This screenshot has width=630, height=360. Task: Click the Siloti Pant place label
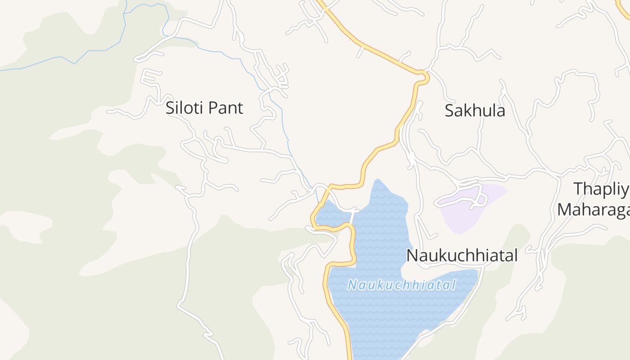pyautogui.click(x=204, y=108)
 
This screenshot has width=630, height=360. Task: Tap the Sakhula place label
pyautogui.click(x=475, y=111)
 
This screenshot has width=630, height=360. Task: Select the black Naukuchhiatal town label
pyautogui.click(x=462, y=256)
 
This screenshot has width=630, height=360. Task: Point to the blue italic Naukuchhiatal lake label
pyautogui.click(x=402, y=285)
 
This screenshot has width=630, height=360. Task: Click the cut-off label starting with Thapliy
pyautogui.click(x=601, y=189)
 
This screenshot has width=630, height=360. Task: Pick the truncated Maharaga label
pyautogui.click(x=593, y=210)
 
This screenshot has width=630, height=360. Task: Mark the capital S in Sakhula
pyautogui.click(x=449, y=111)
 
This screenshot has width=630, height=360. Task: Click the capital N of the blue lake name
pyautogui.click(x=352, y=285)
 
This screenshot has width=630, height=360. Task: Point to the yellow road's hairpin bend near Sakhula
pyautogui.click(x=423, y=77)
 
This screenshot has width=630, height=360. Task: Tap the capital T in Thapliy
pyautogui.click(x=578, y=189)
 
